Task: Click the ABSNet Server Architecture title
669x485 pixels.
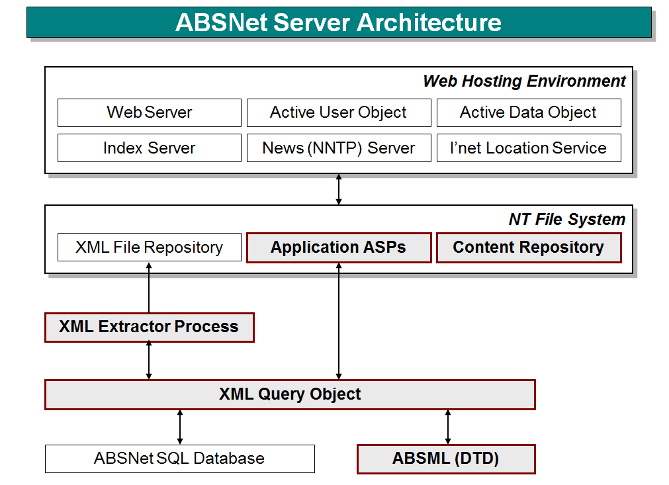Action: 338,22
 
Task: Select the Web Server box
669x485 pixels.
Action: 149,112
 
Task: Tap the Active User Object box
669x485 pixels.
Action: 338,112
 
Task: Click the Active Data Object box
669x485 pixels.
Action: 528,112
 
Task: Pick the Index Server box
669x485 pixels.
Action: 149,148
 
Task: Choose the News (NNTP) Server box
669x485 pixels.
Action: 338,148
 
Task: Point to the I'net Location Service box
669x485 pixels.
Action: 528,148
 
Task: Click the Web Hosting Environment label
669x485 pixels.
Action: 524,81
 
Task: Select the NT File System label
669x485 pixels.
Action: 566,220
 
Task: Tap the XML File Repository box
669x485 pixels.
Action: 149,247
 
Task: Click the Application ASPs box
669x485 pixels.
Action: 338,247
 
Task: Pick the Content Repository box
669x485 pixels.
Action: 528,247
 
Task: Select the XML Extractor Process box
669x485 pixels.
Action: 149,327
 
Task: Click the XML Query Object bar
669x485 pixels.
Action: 290,394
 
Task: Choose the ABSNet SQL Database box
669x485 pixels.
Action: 179,459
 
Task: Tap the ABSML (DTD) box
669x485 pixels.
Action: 445,459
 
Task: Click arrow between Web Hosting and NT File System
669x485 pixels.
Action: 339,189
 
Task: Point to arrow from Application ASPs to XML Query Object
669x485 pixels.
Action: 339,321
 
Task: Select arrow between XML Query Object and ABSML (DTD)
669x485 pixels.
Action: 448,427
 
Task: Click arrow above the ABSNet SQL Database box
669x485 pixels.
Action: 180,427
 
